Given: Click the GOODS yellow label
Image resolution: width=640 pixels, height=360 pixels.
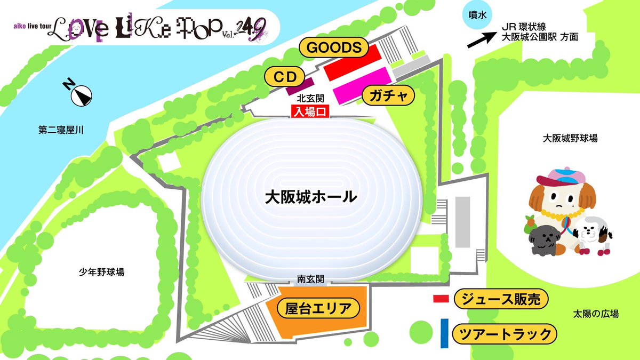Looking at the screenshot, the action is (334, 47).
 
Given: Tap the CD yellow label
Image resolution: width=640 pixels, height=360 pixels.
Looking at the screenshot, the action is (284, 76).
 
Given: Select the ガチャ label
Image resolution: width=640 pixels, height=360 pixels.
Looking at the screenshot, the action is (388, 96).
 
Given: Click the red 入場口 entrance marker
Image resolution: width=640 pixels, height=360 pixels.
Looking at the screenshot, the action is (309, 112).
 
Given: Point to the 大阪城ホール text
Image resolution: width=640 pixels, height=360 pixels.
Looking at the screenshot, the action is (311, 197).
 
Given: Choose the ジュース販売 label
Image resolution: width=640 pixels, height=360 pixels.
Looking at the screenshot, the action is (501, 300).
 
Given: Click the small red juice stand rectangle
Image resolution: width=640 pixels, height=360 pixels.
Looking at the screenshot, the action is (440, 299).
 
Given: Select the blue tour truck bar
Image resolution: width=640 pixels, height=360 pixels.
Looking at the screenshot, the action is (444, 333).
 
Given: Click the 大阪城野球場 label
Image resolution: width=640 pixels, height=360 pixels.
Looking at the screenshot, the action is (570, 138).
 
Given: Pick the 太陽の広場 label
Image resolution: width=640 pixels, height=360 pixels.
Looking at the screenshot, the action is (596, 314).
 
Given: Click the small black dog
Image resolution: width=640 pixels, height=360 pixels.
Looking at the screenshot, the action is (544, 241).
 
